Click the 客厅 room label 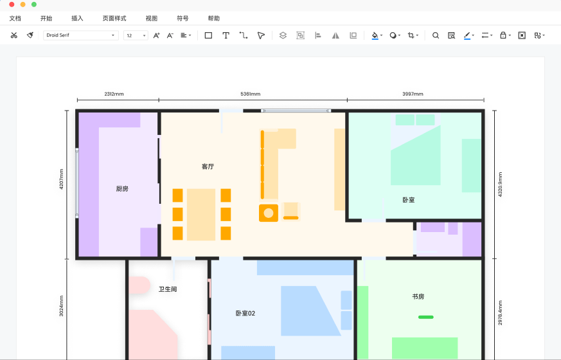(208, 166)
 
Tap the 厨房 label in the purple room (122, 188)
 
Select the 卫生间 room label (168, 289)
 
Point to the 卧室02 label (245, 313)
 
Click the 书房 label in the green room (418, 296)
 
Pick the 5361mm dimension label (251, 94)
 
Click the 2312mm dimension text (114, 94)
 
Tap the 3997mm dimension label (413, 94)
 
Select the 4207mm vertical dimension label (61, 179)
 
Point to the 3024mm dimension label (61, 306)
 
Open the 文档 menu (15, 18)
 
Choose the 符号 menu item (183, 18)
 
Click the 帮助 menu (213, 18)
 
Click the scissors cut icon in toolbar (14, 35)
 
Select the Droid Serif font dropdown (81, 35)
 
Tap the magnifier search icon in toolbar (436, 35)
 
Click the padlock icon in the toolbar (503, 35)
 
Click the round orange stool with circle (269, 213)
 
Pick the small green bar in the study (426, 317)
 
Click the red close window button (12, 4)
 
